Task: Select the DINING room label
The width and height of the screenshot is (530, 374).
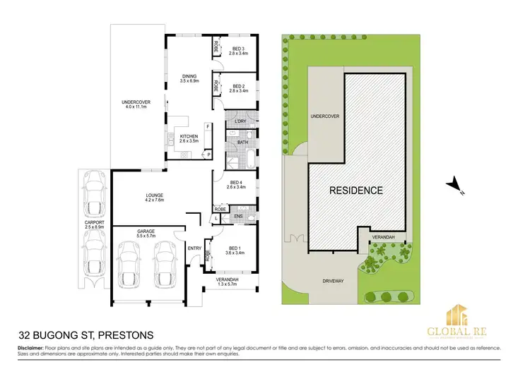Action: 188,76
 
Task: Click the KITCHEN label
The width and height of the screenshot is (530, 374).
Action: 188,136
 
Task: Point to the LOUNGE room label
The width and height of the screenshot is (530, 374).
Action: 155,195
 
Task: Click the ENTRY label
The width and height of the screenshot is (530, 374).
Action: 194,248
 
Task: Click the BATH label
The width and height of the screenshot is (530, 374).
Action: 242,143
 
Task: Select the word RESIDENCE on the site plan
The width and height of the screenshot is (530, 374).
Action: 356,191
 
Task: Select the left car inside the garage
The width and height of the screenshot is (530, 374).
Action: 131,263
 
